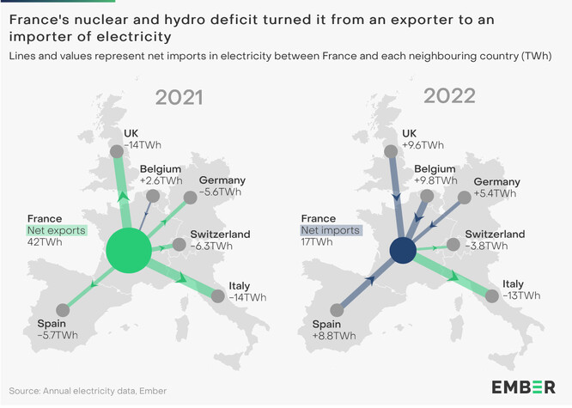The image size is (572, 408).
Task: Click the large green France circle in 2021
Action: (x=129, y=251)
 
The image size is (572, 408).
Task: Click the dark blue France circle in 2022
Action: (x=403, y=251)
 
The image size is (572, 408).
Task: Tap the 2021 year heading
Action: (x=179, y=96)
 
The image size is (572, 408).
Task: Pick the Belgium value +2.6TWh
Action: (x=161, y=180)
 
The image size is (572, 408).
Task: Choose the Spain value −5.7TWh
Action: (x=58, y=335)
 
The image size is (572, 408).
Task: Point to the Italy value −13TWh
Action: (x=521, y=295)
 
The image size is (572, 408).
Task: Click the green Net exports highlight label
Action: (x=56, y=230)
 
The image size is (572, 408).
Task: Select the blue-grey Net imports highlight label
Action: (x=330, y=230)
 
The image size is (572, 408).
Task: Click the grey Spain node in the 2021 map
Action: (x=62, y=310)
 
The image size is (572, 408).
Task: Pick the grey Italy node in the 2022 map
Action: (x=490, y=296)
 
